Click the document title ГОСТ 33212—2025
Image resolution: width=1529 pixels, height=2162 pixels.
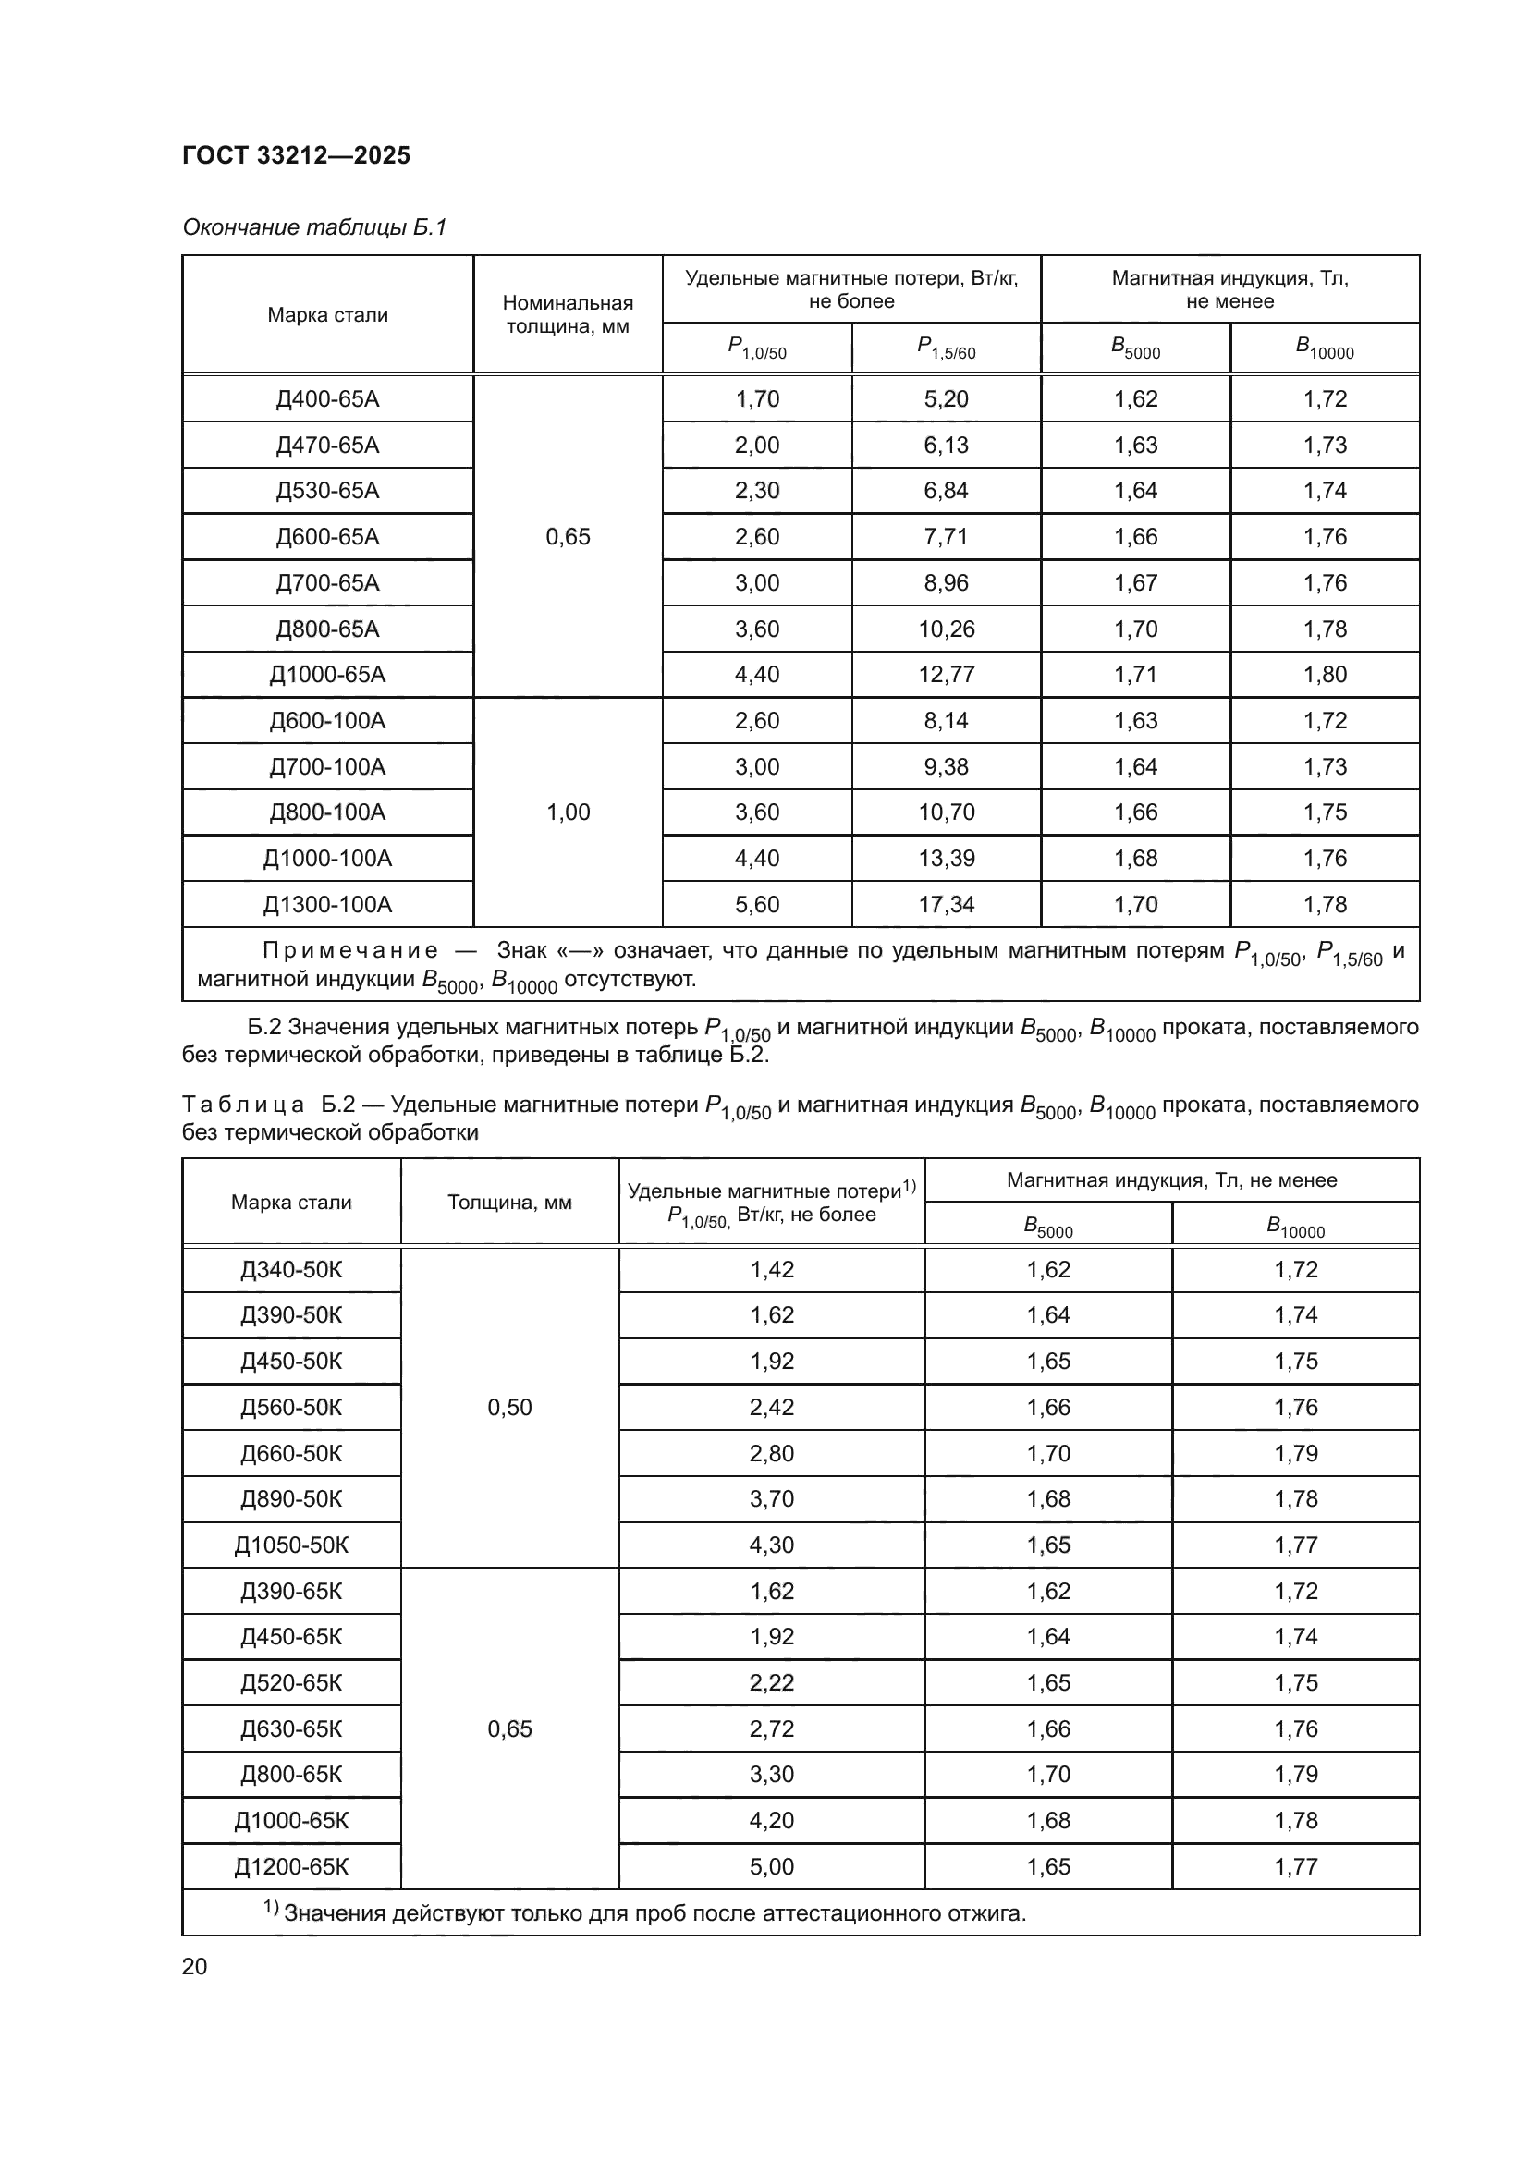tap(296, 155)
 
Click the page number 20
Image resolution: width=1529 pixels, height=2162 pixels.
tap(195, 1966)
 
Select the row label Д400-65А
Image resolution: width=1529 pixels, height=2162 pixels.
tap(326, 399)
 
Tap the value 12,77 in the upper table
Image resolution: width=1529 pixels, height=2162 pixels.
tap(947, 674)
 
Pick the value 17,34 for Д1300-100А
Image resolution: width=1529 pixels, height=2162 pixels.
tap(947, 904)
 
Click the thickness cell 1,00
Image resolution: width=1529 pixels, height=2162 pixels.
tap(568, 812)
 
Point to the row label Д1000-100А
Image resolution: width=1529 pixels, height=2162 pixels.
tap(326, 858)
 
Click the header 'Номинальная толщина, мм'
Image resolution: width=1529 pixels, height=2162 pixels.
tap(568, 314)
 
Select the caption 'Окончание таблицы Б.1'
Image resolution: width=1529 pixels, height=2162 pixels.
tap(314, 227)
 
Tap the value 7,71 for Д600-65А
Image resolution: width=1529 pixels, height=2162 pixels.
tap(947, 537)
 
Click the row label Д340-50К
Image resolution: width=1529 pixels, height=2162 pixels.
tap(291, 1269)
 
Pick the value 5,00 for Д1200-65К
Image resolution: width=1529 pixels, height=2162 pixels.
tap(771, 1866)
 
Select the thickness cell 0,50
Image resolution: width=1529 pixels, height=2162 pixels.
tap(509, 1407)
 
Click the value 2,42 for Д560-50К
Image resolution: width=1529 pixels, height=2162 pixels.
tap(771, 1407)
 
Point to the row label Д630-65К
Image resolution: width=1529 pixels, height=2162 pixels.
tap(291, 1728)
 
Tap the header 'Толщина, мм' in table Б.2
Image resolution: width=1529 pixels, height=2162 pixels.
tap(509, 1203)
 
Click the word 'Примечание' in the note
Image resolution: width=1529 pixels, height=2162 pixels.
tap(350, 951)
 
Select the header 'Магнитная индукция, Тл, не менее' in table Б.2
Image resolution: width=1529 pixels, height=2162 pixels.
tap(1171, 1179)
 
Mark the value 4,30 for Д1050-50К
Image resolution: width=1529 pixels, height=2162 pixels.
tap(771, 1545)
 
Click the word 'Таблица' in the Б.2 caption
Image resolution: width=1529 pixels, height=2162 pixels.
tap(243, 1105)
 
